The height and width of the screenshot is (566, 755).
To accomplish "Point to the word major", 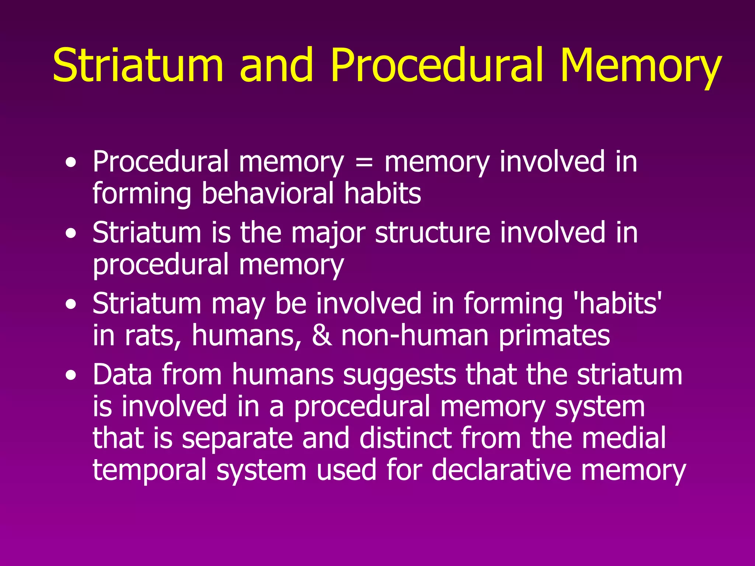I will pos(328,234).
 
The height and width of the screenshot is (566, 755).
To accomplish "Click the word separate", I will pos(237,439).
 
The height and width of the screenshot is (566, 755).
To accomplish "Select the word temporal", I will pos(149,471).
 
